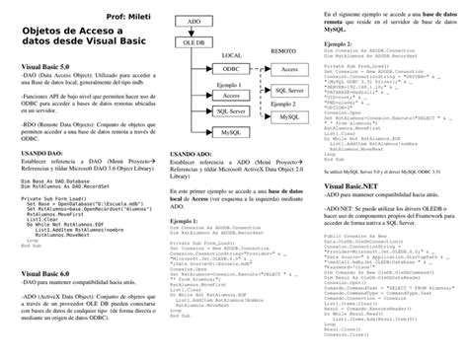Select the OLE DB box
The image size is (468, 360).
(195, 43)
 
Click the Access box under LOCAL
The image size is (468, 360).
(229, 96)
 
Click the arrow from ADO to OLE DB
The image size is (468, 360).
(195, 31)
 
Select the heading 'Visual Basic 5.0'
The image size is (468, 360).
(45, 64)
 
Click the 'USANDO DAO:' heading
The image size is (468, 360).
(42, 155)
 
